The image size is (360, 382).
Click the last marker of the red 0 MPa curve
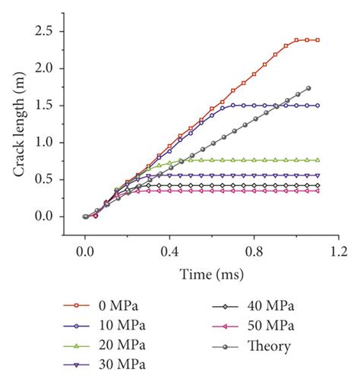[x=317, y=39]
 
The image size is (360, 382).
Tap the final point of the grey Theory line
[x=308, y=88]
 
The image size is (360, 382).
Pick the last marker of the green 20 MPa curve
[x=317, y=160]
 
